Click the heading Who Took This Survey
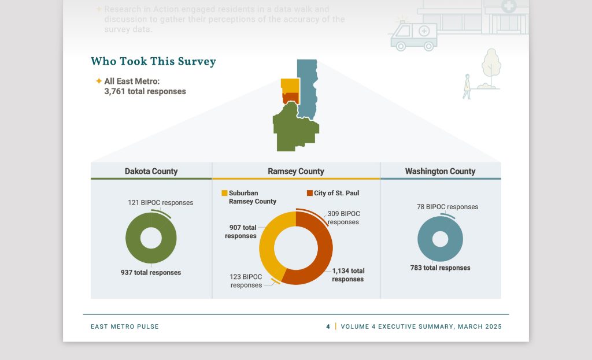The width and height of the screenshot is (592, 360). coord(153,61)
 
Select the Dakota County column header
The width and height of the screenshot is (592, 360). coord(151,171)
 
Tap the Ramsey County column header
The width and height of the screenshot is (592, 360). coord(296,171)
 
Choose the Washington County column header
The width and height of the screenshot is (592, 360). coord(440,171)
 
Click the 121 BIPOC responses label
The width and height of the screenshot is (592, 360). coord(160,203)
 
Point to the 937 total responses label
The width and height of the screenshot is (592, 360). coord(151,273)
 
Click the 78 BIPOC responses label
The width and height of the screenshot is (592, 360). coord(447,207)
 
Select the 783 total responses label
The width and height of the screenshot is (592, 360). coord(440,268)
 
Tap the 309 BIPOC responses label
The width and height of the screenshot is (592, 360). coord(343,218)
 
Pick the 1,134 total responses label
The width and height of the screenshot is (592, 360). coord(348,275)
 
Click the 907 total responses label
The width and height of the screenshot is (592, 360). coord(240,232)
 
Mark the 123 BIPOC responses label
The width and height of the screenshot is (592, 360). coord(246,281)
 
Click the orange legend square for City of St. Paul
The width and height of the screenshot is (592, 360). coord(309,193)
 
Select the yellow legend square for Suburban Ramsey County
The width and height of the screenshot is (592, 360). coord(224,193)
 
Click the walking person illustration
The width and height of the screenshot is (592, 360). coord(467,87)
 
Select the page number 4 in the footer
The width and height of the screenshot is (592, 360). coord(328,326)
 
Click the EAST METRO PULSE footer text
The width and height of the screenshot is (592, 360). coord(124,326)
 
